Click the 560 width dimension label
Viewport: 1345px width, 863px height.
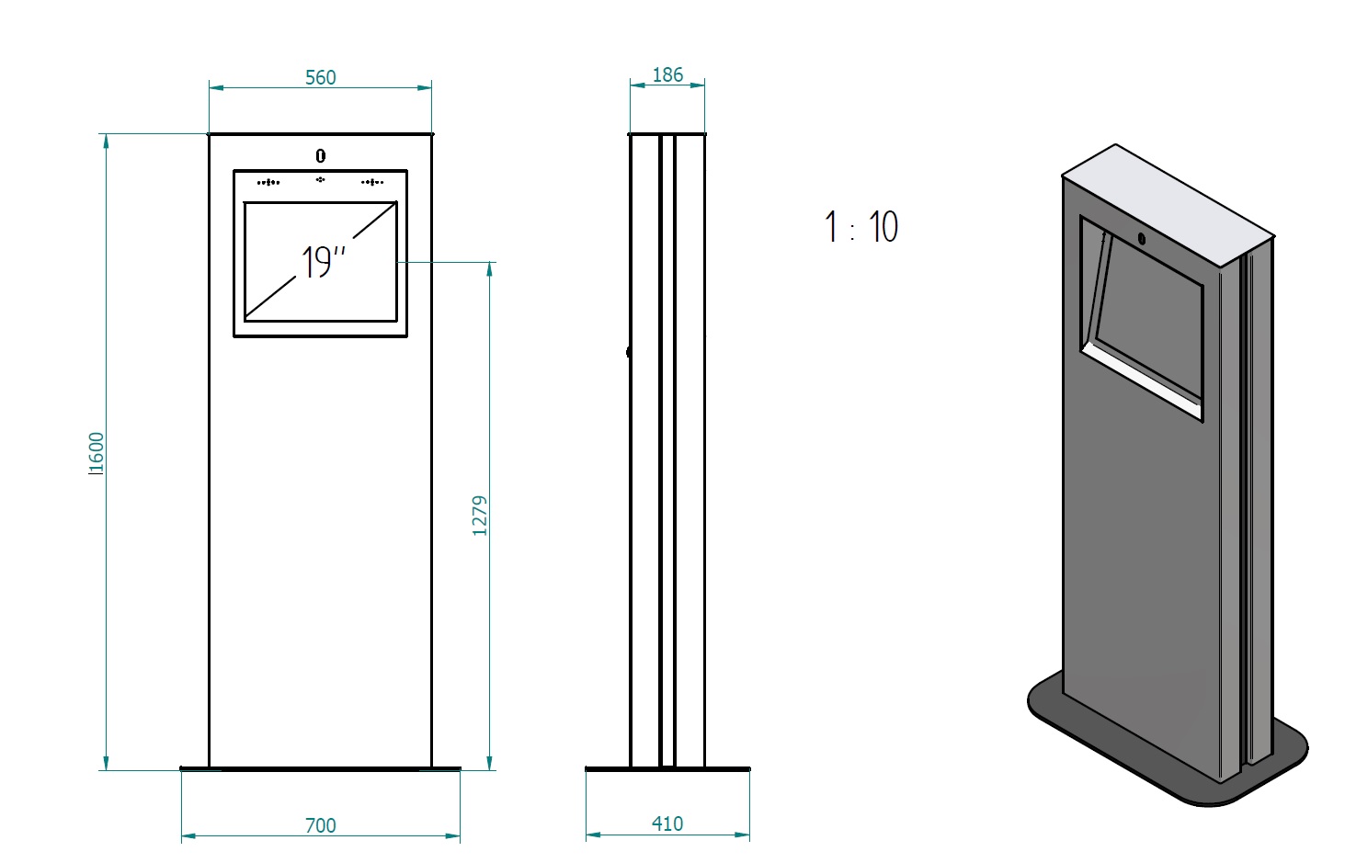pyautogui.click(x=320, y=77)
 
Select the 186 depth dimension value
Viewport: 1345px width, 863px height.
pyautogui.click(x=667, y=75)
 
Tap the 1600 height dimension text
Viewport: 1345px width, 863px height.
pyautogui.click(x=96, y=454)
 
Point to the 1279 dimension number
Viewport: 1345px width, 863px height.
pyautogui.click(x=479, y=516)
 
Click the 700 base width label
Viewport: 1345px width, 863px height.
pyautogui.click(x=320, y=826)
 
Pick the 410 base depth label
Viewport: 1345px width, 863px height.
pyautogui.click(x=667, y=824)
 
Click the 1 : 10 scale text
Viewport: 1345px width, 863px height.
pyautogui.click(x=861, y=227)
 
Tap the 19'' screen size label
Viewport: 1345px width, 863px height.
pyautogui.click(x=323, y=262)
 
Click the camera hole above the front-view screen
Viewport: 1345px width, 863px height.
pyautogui.click(x=321, y=156)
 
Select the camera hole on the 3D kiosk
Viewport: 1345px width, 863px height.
pyautogui.click(x=1142, y=240)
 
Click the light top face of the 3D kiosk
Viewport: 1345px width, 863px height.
pyautogui.click(x=1168, y=205)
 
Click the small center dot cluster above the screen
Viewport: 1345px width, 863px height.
pyautogui.click(x=320, y=179)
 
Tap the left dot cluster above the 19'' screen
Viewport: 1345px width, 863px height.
pyautogui.click(x=268, y=183)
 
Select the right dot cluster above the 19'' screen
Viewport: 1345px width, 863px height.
pyautogui.click(x=372, y=183)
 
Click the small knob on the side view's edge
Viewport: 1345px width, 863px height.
pyautogui.click(x=629, y=352)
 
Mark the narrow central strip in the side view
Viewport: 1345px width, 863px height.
pyautogui.click(x=667, y=450)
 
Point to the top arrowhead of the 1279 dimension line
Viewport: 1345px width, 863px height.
pyautogui.click(x=489, y=269)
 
